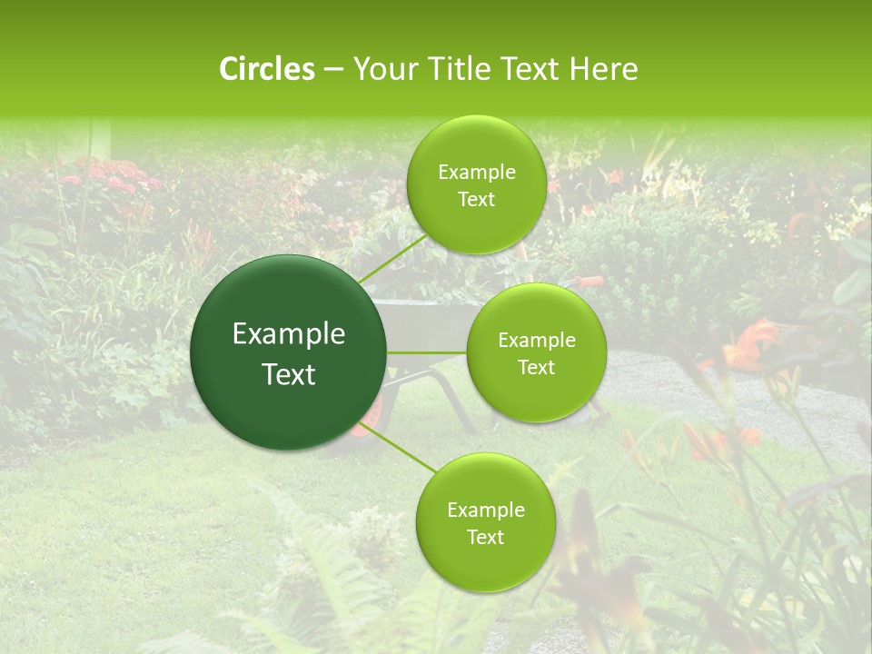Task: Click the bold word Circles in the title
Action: coord(266,69)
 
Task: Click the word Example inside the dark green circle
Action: coord(289,334)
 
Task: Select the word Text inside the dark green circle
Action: coord(289,374)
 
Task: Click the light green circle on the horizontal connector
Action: coord(536,352)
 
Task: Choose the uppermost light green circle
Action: coord(475,184)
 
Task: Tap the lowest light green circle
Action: coord(485,522)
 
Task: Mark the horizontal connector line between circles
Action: coord(426,352)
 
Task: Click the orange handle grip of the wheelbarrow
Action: coord(590,281)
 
